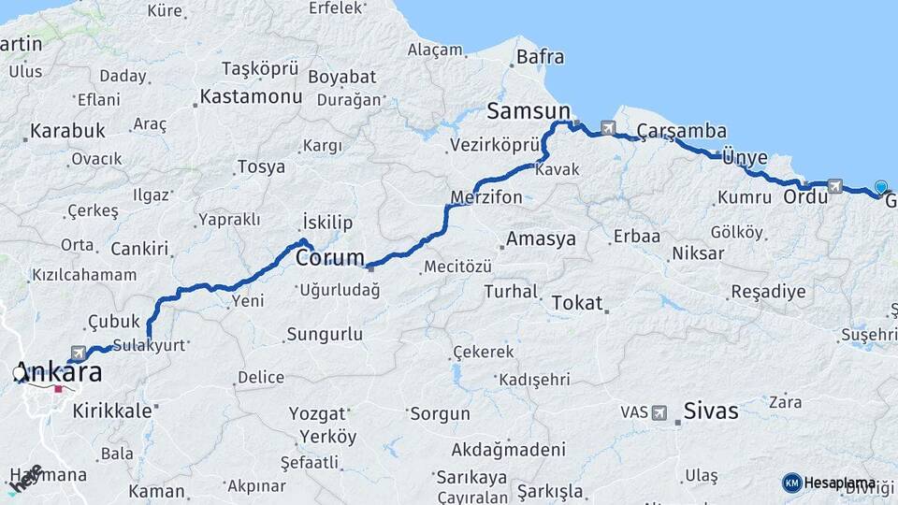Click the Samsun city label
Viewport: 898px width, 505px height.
point(528,111)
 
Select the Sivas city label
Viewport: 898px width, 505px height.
point(711,411)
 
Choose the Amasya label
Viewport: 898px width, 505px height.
point(541,239)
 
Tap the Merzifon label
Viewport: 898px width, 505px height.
point(486,198)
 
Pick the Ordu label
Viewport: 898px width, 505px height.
point(806,197)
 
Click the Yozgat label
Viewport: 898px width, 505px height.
point(316,412)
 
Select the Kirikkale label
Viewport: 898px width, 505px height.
point(112,410)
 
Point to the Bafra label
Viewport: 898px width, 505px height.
point(540,58)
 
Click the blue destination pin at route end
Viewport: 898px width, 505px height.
point(880,187)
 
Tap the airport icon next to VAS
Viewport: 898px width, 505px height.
point(660,412)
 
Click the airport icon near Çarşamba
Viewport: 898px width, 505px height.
point(609,128)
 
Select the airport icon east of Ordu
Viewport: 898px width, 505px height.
point(834,186)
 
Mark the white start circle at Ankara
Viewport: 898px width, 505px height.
point(20,374)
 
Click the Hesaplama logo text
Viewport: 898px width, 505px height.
point(839,483)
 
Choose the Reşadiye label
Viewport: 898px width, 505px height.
point(767,292)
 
